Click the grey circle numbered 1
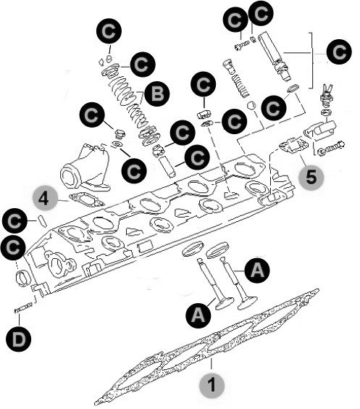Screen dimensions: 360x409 click(212, 384)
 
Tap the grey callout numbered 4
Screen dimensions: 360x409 click(45, 200)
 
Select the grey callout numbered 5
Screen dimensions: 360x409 click(311, 178)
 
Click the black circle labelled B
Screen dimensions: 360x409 click(157, 94)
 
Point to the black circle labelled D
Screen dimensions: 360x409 click(19, 339)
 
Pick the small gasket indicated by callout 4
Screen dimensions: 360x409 click(86, 200)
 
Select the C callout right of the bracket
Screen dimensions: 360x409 click(339, 52)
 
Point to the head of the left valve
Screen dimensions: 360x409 click(225, 304)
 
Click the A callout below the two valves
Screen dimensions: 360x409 click(198, 315)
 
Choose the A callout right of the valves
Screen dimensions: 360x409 click(257, 270)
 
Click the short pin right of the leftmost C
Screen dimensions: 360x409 click(43, 220)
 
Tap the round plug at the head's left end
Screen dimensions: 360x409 click(23, 279)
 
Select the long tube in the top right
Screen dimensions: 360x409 click(274, 57)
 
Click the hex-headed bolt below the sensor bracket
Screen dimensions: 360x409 click(332, 148)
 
